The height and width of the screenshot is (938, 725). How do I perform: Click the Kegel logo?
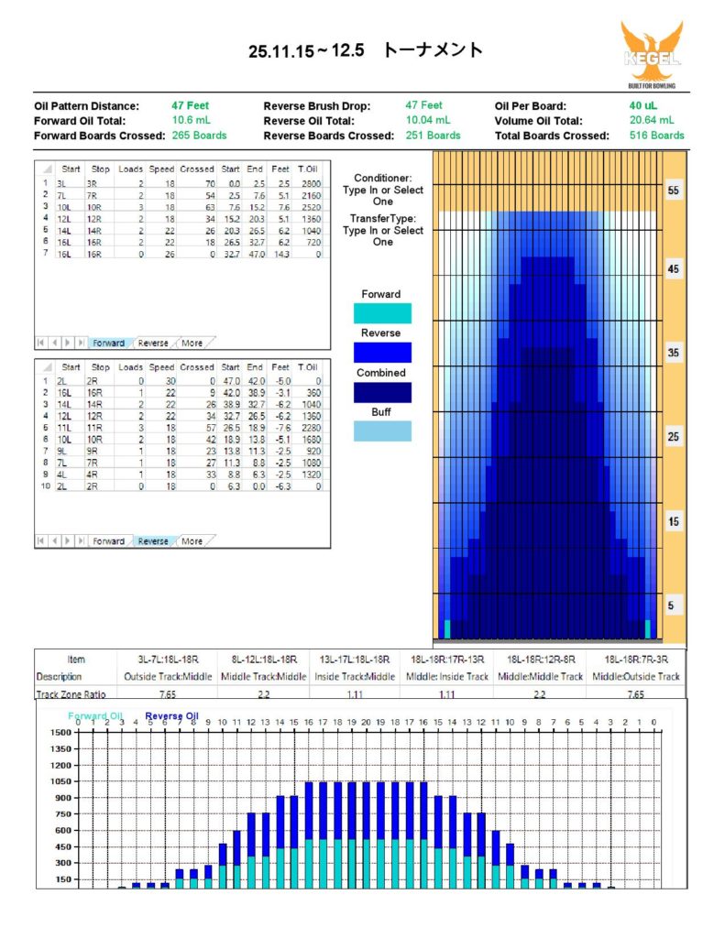pyautogui.click(x=651, y=55)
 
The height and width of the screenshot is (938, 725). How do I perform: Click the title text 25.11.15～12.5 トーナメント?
pyautogui.click(x=365, y=50)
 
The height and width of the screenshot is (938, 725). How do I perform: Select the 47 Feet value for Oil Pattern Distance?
pyautogui.click(x=191, y=105)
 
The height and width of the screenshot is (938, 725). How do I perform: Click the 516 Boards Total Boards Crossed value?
pyautogui.click(x=656, y=136)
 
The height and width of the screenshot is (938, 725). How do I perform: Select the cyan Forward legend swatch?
pyautogui.click(x=381, y=313)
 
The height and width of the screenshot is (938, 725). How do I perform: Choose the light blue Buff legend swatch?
pyautogui.click(x=381, y=431)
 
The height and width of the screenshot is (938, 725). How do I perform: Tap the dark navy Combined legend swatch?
pyautogui.click(x=381, y=392)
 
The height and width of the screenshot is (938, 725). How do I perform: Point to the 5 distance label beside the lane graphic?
pyautogui.click(x=674, y=605)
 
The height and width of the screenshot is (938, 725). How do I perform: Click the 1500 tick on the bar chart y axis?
pyautogui.click(x=61, y=733)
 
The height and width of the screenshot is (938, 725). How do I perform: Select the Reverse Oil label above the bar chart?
pyautogui.click(x=171, y=716)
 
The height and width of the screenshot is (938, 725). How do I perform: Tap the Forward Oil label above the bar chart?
pyautogui.click(x=93, y=716)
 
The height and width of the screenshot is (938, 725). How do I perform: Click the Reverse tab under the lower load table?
pyautogui.click(x=152, y=541)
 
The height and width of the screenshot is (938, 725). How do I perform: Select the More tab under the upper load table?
pyautogui.click(x=192, y=344)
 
